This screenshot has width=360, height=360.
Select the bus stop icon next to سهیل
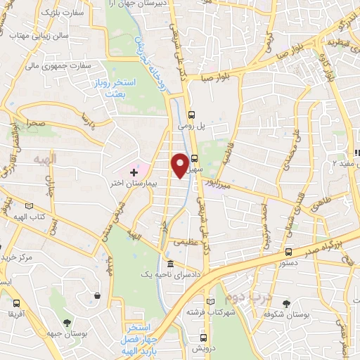point(194,159)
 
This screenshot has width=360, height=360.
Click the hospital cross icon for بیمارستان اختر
point(134,172)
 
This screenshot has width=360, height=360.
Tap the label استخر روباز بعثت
point(117,88)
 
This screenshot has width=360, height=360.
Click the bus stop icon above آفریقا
point(15,302)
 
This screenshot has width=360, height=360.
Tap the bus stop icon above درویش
point(202,337)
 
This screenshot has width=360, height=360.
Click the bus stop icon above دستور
point(289,252)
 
